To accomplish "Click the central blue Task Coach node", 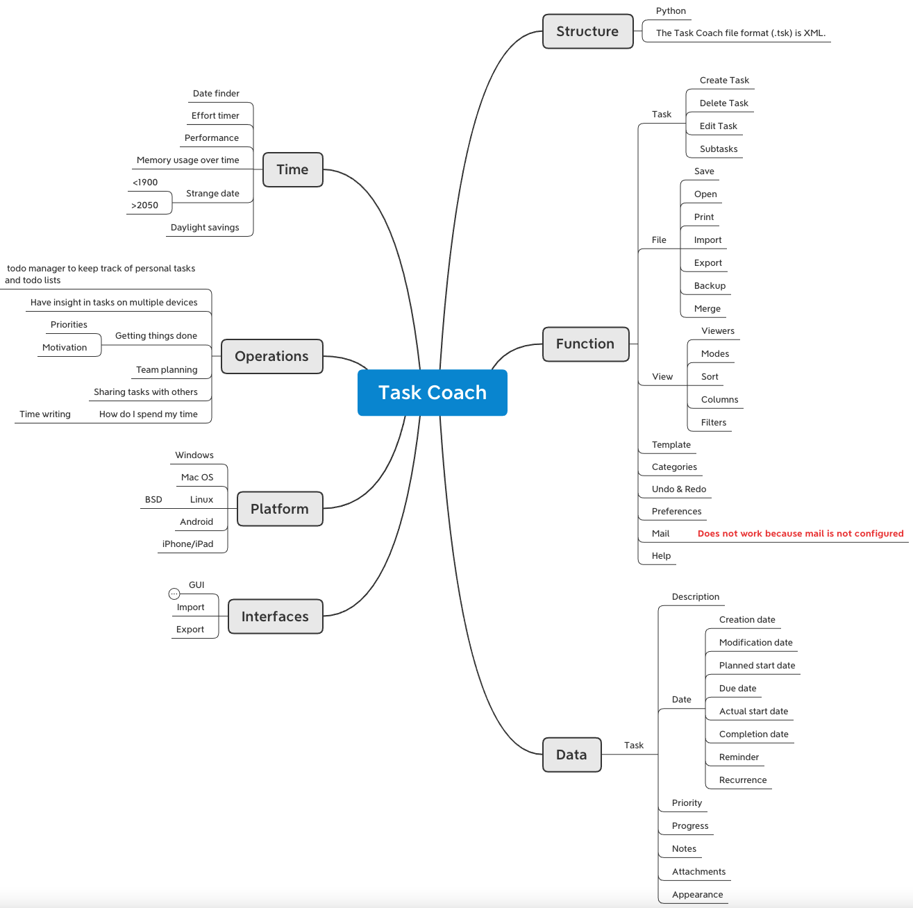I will [432, 393].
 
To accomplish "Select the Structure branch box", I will [587, 31].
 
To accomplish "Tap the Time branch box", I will [292, 169].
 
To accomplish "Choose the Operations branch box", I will [271, 356].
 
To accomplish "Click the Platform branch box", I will [279, 509].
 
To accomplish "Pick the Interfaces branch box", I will [275, 616].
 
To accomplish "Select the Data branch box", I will [571, 755].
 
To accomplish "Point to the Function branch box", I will [585, 344].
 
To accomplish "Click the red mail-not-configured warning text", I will [801, 534].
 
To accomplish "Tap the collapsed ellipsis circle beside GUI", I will [174, 594].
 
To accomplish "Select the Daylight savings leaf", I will [205, 228].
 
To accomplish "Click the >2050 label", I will [144, 205].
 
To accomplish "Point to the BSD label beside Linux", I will [153, 500].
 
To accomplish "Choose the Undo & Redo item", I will [679, 489].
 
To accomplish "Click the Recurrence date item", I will [743, 780].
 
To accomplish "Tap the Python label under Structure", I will [671, 11].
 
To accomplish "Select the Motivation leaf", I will [65, 348].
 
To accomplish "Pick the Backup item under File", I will [710, 286].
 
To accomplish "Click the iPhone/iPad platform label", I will [187, 544].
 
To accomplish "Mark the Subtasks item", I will [719, 149].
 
